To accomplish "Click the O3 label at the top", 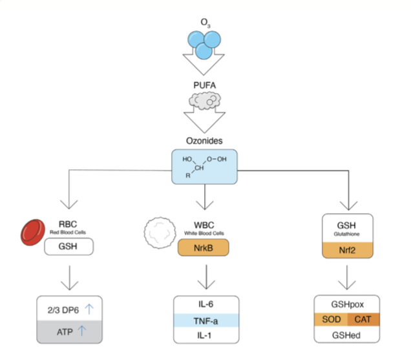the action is [205, 23].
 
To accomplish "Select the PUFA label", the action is [204, 85].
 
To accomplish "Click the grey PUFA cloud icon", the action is [205, 101].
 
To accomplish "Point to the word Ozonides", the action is [204, 141].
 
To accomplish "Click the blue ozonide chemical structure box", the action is [204, 167].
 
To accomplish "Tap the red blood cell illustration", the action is [33, 232].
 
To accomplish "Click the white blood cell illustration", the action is [160, 233].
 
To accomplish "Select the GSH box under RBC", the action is [68, 246].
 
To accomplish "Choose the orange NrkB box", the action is [204, 248].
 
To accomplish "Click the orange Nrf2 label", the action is [347, 250].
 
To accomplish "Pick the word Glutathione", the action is [346, 234].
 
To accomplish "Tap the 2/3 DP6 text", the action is [63, 310].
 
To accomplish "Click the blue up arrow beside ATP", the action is [82, 331].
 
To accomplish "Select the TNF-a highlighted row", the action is [206, 321].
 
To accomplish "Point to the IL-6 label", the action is [205, 304].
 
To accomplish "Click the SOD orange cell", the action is [331, 319].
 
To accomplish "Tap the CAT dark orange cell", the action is [363, 319].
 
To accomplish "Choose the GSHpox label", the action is [347, 304].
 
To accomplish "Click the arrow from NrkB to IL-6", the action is [206, 277].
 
